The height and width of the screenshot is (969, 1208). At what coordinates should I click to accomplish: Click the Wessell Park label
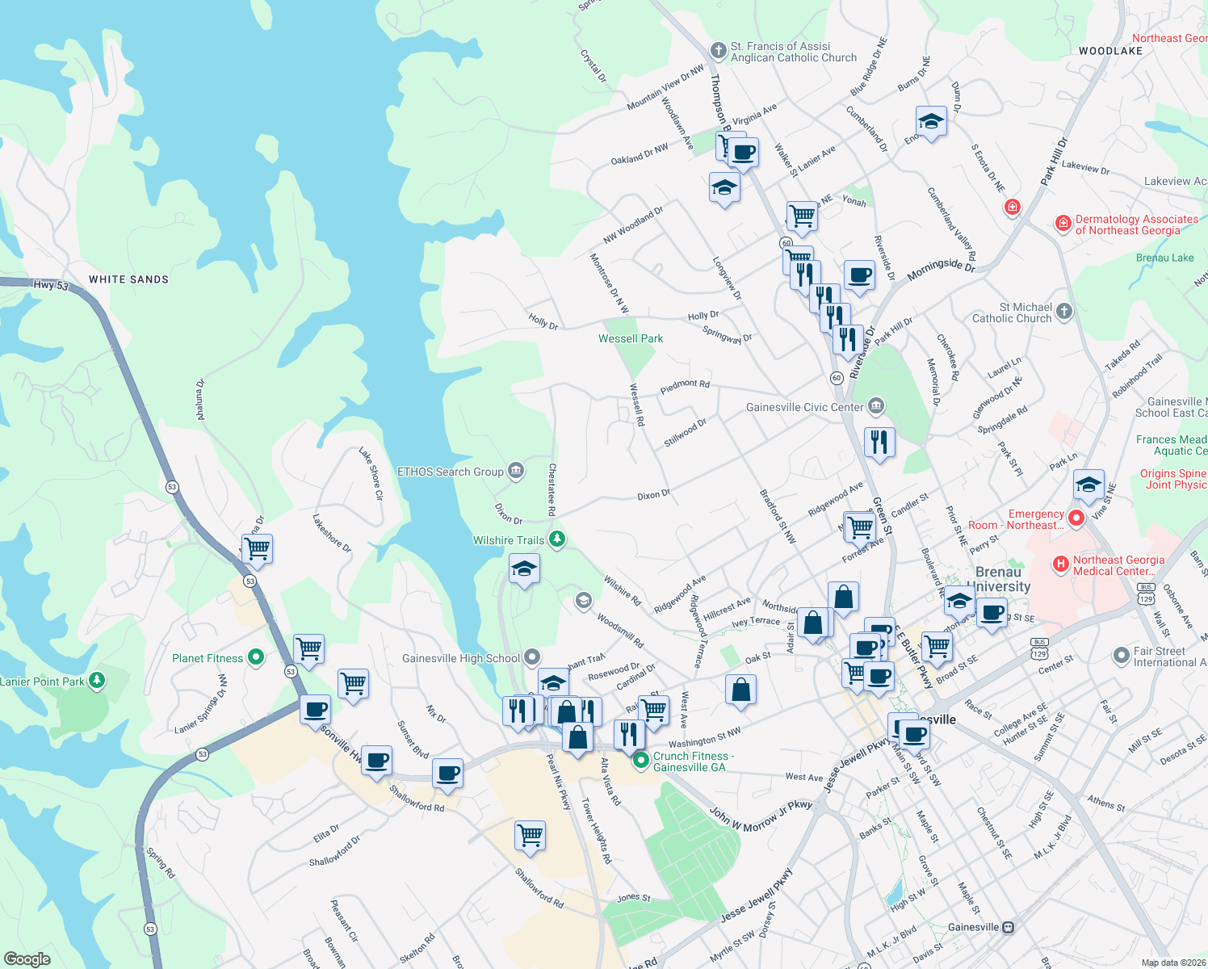coord(631,338)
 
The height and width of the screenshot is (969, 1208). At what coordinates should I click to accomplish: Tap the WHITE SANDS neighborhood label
coord(128,279)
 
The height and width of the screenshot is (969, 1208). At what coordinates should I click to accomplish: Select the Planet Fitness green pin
coord(256,657)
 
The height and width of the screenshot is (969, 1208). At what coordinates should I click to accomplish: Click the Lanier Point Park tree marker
coord(97,681)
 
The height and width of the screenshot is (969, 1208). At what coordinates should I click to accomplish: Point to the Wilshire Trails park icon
coord(556,539)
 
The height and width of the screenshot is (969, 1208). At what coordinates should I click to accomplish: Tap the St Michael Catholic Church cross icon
coord(1064,312)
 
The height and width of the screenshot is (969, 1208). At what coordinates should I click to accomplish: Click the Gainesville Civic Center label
coord(804,407)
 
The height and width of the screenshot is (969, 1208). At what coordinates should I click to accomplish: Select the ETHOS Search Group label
coord(451,472)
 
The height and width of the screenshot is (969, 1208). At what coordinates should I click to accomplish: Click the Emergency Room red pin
coord(1076,518)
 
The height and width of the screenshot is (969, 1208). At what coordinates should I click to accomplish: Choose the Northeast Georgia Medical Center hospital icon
coord(1061,563)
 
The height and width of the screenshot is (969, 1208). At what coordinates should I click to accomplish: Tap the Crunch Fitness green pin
coord(641,759)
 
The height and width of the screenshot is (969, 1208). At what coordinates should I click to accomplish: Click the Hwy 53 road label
coord(50,285)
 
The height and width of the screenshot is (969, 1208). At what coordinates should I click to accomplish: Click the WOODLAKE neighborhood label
coord(1110,51)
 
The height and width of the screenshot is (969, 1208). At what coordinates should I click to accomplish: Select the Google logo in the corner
coord(27,959)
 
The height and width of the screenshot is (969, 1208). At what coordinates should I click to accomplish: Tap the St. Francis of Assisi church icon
coord(718,52)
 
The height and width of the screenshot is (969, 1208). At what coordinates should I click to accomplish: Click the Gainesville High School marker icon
coord(531,656)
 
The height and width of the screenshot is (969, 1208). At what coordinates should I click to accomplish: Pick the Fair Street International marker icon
coord(1121,656)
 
